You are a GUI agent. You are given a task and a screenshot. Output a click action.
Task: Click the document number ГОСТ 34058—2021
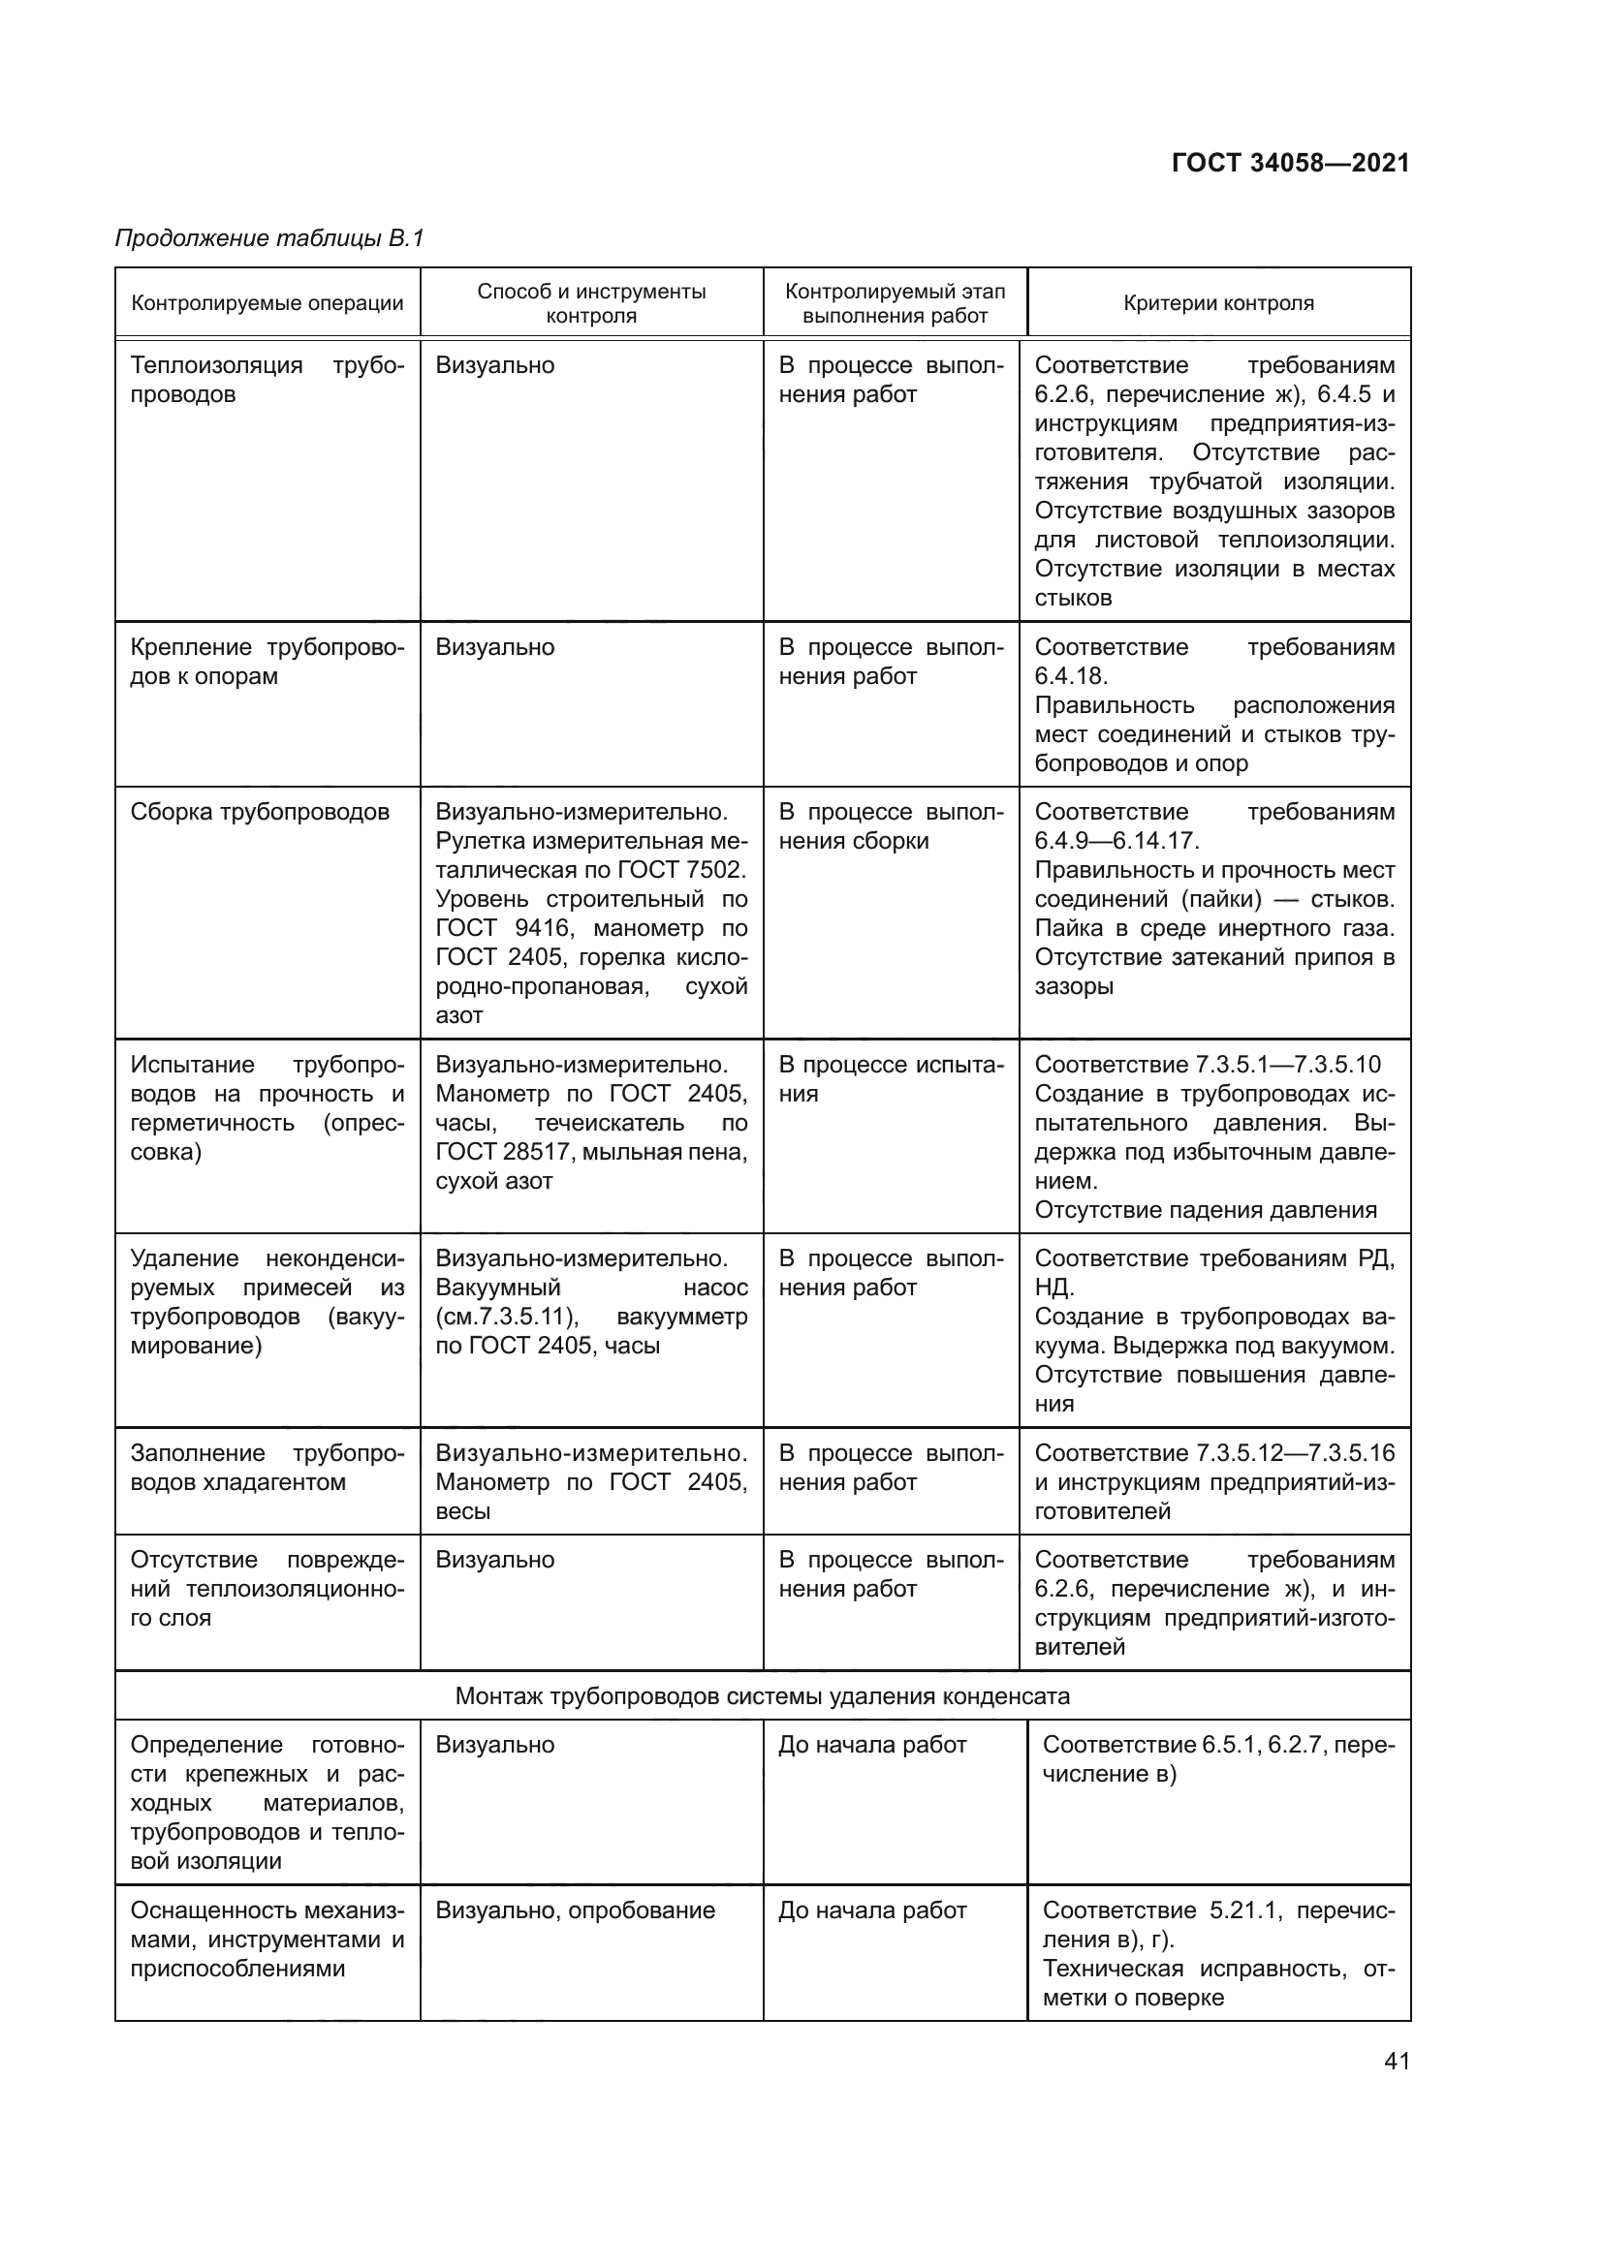pos(1290,164)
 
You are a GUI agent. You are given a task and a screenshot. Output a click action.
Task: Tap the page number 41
pos(1397,2061)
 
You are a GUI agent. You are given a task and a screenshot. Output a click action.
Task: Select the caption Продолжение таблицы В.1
pos(269,238)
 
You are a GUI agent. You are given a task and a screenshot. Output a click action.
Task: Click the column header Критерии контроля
pos(1218,303)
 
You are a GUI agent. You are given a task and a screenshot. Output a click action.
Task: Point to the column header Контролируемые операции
pos(267,303)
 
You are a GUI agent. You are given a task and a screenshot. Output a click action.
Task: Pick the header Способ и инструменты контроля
pos(591,303)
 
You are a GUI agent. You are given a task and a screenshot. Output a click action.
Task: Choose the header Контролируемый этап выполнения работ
pos(895,303)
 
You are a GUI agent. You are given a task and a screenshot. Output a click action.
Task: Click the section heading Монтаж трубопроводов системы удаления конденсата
pos(762,1696)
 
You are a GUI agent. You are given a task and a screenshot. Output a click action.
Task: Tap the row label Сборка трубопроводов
pos(260,812)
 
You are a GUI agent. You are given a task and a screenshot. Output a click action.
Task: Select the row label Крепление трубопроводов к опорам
pos(267,662)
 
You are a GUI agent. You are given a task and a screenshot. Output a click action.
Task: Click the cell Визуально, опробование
pos(575,1910)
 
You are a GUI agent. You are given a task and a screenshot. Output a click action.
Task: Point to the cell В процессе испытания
pos(891,1078)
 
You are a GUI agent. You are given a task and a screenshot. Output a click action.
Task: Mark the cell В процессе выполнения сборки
pos(891,826)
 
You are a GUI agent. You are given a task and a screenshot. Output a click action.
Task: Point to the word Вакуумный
pos(497,1288)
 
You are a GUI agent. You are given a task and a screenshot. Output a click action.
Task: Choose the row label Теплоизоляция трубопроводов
pos(267,380)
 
